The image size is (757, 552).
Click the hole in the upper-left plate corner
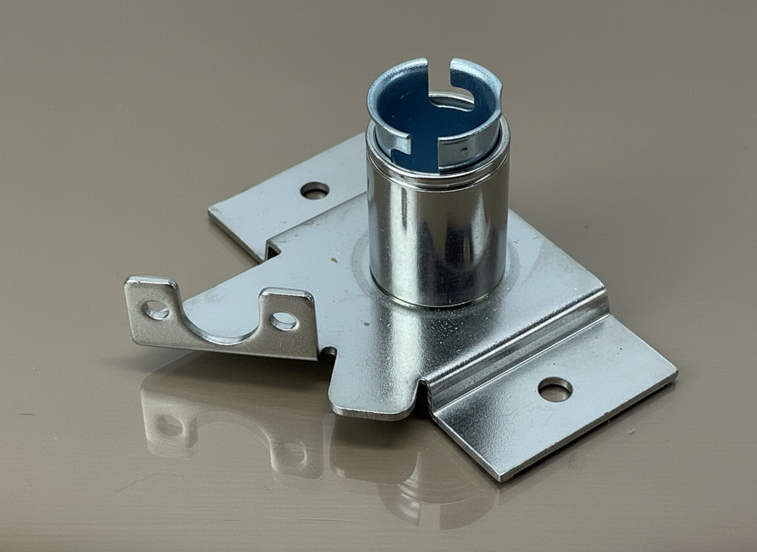tap(315, 190)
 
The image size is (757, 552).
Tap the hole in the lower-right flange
tap(554, 389)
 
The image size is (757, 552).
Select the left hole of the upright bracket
tap(155, 310)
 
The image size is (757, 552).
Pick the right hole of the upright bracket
tap(283, 321)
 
